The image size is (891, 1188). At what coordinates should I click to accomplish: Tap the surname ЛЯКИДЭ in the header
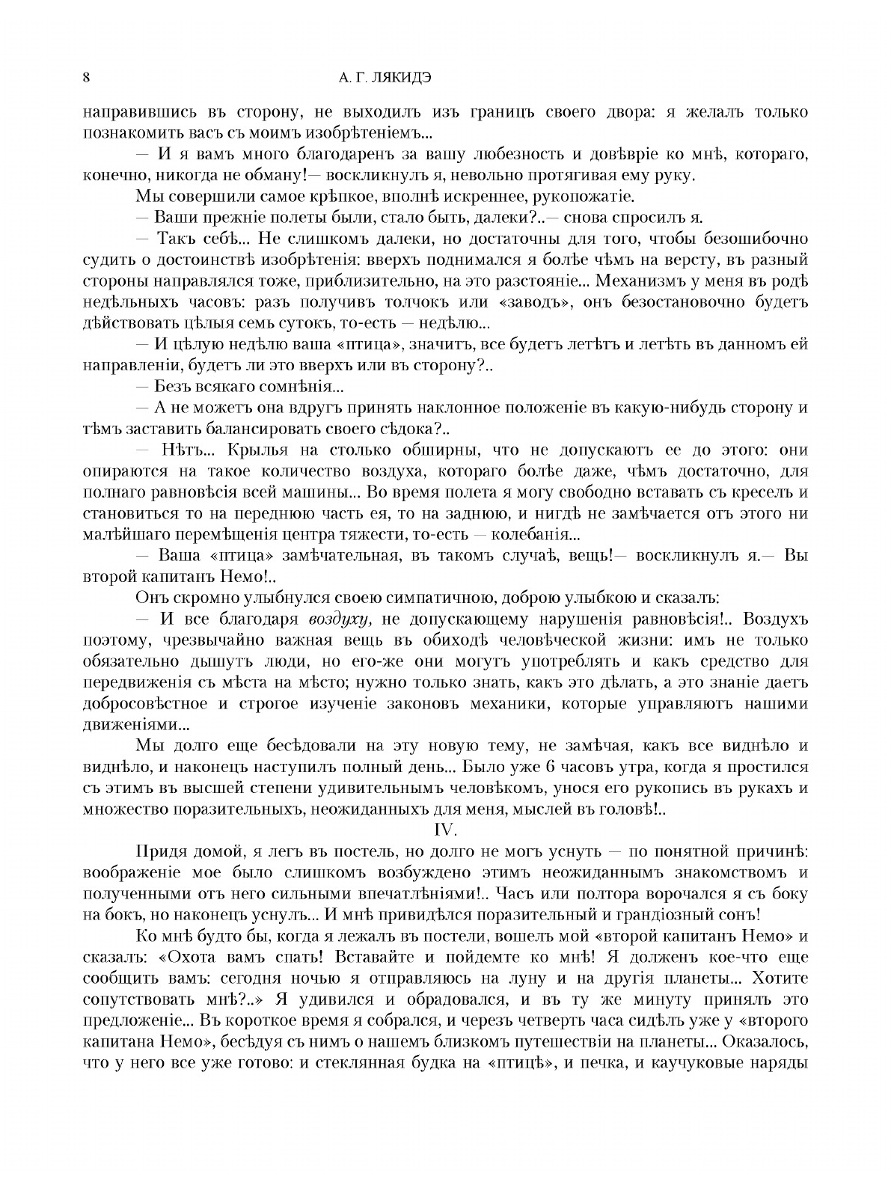[397, 77]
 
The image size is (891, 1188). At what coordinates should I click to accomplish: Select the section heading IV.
[445, 830]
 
